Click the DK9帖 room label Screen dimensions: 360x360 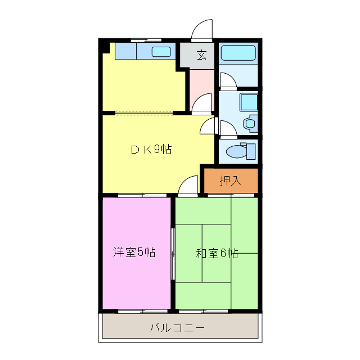coord(151,149)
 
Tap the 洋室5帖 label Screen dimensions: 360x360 coord(134,252)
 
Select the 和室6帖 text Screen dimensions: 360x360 coord(217,253)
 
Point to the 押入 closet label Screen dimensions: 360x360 coord(230,181)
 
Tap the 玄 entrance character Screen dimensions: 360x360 coord(201,55)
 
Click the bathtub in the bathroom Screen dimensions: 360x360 coord(238,53)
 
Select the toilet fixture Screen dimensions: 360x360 coord(241,151)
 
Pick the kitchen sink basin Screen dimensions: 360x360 coord(161,52)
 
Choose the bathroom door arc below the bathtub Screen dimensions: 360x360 coord(227,81)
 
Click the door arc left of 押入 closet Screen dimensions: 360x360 coord(190,184)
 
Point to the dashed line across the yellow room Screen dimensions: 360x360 coord(144,112)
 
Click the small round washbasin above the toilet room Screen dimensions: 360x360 coord(250,122)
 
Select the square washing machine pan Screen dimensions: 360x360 coord(248,102)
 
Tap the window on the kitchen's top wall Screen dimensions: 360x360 coord(146,40)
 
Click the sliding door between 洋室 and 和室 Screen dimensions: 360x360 coord(173,253)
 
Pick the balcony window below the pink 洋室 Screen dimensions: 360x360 coord(136,310)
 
